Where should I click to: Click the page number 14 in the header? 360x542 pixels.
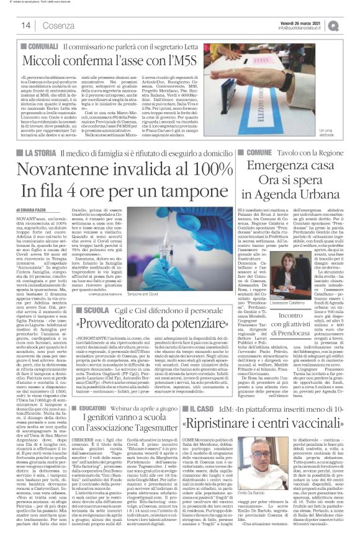[x=26, y=25]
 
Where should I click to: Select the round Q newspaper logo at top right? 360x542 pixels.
[x=349, y=25]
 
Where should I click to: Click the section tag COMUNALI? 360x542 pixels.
[x=40, y=47]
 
